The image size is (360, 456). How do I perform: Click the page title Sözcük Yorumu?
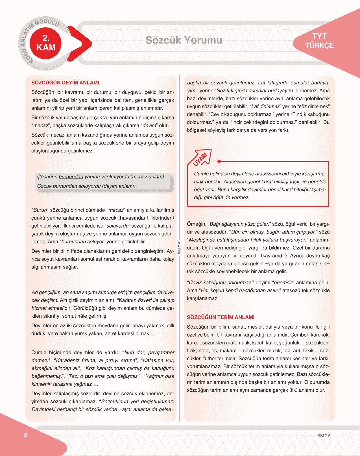(184, 40)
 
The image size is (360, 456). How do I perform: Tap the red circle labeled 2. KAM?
(46, 43)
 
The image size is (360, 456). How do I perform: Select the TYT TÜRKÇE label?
(319, 41)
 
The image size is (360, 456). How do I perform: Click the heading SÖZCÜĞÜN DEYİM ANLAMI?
(65, 83)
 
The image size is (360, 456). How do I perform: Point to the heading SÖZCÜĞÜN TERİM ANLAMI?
(221, 317)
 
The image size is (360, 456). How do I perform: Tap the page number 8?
(25, 435)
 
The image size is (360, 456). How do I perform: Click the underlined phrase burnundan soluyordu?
(77, 186)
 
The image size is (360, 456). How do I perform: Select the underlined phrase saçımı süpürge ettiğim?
(107, 293)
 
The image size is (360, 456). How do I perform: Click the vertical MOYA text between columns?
(179, 248)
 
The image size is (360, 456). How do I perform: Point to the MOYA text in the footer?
(324, 435)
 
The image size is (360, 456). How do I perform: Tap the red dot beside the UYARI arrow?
(219, 162)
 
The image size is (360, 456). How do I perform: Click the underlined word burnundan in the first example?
(71, 177)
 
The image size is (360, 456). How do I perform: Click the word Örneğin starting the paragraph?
(196, 224)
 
